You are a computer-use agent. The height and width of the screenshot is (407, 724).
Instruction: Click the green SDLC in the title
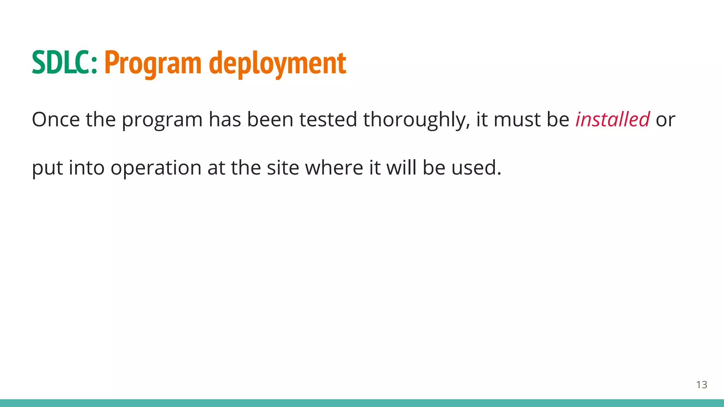(64, 63)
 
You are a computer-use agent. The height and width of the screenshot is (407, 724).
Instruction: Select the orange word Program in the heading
(153, 63)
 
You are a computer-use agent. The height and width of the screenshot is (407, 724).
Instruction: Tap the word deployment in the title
(278, 63)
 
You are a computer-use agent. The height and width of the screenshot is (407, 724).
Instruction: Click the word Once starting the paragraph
(56, 119)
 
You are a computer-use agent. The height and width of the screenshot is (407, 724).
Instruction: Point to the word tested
(328, 119)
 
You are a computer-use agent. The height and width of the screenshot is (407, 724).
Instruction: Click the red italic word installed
(612, 119)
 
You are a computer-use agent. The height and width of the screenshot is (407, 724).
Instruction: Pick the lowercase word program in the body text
(162, 119)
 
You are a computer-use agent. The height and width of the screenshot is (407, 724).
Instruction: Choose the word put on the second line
(47, 167)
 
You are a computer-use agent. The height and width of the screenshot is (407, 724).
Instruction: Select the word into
(87, 167)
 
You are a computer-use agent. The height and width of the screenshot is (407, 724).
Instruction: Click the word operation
(156, 167)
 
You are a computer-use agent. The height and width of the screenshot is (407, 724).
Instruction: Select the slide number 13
(701, 385)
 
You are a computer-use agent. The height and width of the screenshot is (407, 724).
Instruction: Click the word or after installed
(665, 119)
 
